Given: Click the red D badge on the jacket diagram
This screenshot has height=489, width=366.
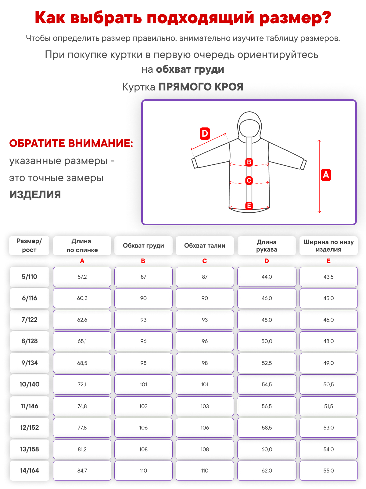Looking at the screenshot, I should (x=205, y=134).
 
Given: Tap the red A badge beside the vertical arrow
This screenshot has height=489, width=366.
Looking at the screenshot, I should (x=326, y=175).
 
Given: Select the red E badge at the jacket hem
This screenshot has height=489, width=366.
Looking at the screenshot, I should (x=249, y=206).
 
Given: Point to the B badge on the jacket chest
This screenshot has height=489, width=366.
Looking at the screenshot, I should (x=249, y=162).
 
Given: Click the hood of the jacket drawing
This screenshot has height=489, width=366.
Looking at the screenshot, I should (x=249, y=124).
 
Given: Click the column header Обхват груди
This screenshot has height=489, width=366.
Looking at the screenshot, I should (x=143, y=245).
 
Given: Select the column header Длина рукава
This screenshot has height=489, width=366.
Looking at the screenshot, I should (x=267, y=245).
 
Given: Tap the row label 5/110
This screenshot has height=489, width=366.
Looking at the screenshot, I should (x=29, y=277).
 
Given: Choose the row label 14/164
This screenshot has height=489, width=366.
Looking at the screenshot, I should (x=29, y=470).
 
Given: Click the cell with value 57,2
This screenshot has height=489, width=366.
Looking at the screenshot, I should (x=82, y=277).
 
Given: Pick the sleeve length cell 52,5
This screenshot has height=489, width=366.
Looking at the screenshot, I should (x=267, y=363).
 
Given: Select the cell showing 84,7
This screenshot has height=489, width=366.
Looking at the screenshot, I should (x=82, y=470).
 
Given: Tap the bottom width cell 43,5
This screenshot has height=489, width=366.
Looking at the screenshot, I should (x=328, y=277).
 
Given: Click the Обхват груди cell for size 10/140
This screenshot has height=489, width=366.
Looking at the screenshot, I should (x=143, y=384).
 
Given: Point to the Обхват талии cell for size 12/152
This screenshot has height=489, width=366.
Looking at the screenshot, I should (x=205, y=428).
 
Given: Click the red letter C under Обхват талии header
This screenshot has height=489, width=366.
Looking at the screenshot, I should (x=205, y=261).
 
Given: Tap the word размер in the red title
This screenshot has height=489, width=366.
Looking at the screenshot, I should (x=295, y=17).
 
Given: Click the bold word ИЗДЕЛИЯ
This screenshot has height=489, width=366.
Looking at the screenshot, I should (x=35, y=195).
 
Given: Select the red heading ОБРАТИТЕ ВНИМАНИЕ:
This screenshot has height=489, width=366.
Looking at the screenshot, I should (x=71, y=143).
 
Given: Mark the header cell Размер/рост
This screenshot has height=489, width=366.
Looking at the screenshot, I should (x=29, y=245).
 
